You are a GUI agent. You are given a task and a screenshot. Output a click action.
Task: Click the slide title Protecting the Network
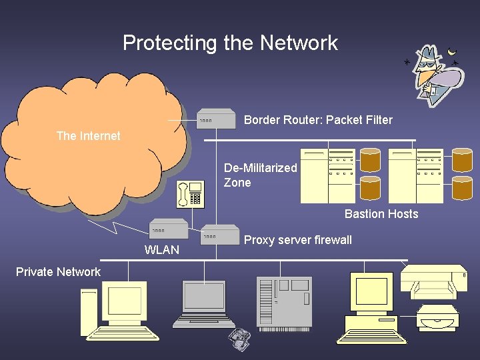click(230, 43)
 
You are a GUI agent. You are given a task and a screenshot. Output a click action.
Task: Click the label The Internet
click(88, 136)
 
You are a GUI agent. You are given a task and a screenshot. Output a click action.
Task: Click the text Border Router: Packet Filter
click(318, 121)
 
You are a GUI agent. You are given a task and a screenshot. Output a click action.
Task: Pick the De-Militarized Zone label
click(260, 175)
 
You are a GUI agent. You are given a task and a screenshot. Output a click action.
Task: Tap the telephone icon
click(190, 193)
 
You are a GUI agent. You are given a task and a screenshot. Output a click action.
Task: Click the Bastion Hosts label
click(381, 214)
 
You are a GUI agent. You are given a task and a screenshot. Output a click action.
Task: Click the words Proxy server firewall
click(298, 240)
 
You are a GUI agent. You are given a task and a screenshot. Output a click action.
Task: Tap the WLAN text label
click(162, 250)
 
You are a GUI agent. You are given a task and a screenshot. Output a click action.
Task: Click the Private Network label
click(58, 272)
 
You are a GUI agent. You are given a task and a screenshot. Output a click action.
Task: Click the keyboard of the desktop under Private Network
click(127, 333)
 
